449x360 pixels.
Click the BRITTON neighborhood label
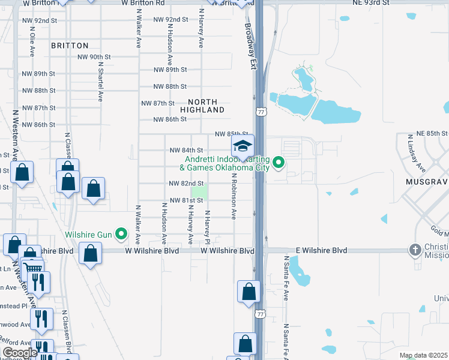point(70,46)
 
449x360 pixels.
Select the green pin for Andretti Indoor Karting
point(279,162)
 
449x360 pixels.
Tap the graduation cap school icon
point(243,146)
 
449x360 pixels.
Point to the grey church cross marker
point(415,249)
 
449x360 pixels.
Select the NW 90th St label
point(94,57)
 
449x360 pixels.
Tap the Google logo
point(20,353)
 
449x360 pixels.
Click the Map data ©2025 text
point(423,355)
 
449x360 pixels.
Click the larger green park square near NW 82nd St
point(200,193)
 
